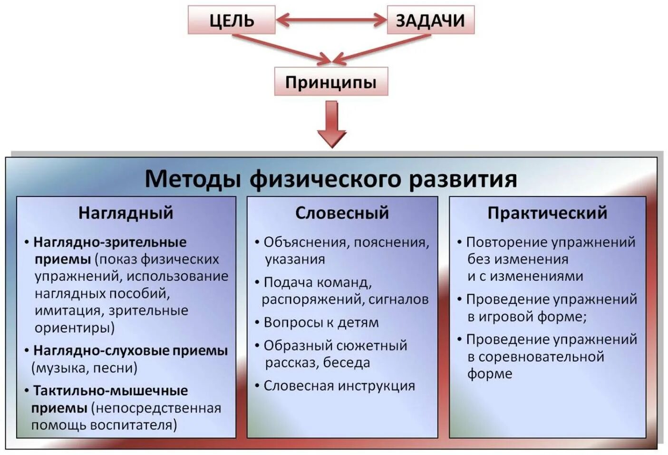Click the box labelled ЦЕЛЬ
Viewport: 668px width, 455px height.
232,20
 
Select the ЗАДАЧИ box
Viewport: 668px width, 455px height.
430,20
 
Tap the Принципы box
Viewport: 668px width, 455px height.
331,82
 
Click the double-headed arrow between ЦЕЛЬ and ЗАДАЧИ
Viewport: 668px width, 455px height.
331,20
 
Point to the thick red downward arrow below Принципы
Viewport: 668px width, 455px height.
331,125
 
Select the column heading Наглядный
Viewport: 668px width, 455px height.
126,213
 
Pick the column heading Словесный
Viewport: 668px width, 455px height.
342,213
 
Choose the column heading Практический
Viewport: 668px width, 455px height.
547,213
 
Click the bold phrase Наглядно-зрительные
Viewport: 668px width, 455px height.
110,242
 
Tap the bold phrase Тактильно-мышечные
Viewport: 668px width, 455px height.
110,390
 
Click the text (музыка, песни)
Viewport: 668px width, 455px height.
85,368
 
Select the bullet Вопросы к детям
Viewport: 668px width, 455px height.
321,322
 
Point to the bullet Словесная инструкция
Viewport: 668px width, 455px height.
339,386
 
